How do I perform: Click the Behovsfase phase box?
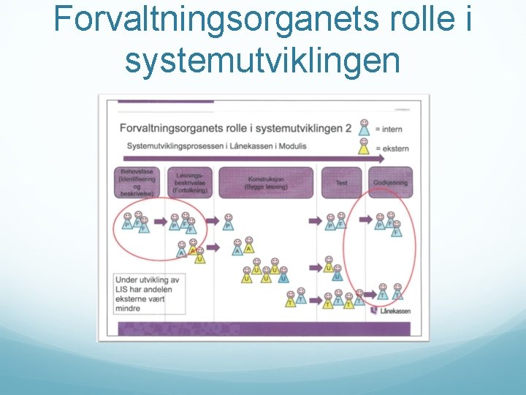137,182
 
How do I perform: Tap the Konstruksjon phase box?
268,182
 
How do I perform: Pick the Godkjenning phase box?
391,182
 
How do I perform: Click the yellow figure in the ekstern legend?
364,147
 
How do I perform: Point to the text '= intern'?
388,129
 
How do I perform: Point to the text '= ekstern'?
392,149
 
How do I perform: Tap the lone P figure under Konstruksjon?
229,222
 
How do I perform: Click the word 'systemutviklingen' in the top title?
262,60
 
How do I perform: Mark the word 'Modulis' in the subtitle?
291,146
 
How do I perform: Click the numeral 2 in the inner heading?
348,128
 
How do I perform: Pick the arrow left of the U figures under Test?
315,268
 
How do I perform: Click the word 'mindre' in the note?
128,309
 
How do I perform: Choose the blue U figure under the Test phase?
337,274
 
